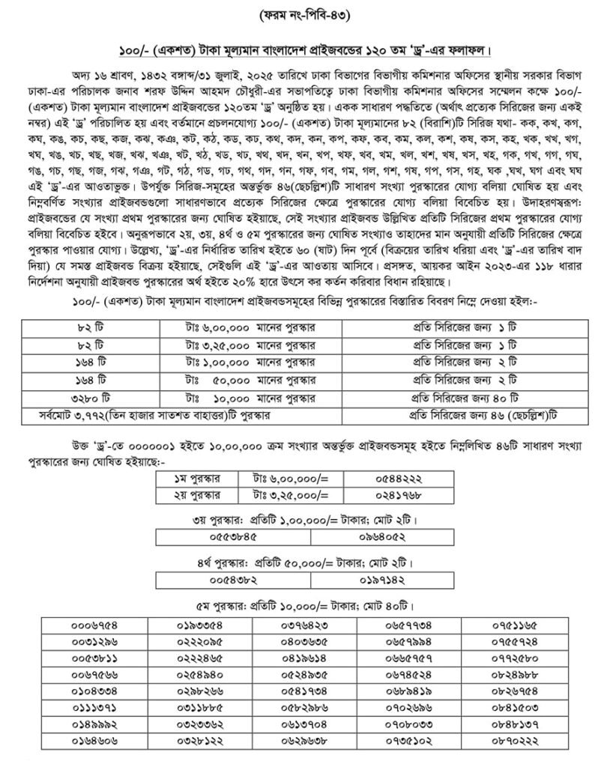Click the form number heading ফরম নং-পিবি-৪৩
pos(304,14)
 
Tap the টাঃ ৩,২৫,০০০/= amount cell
pos(289,495)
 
